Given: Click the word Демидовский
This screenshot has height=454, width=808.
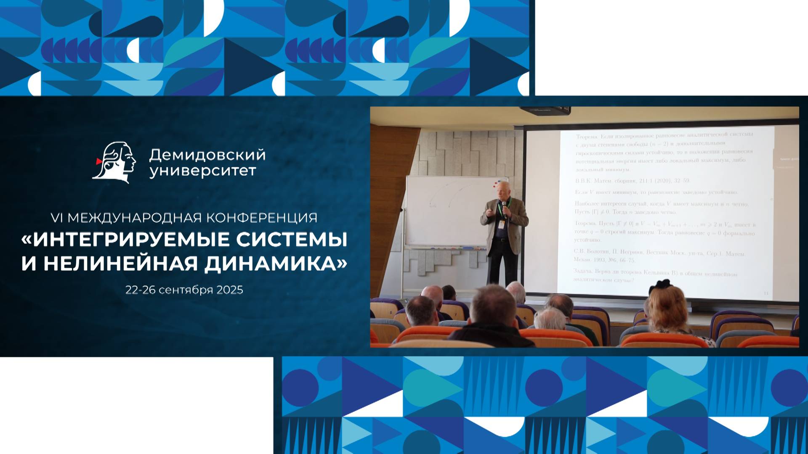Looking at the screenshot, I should pyautogui.click(x=207, y=155).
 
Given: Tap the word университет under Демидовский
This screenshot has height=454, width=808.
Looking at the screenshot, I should pyautogui.click(x=202, y=171).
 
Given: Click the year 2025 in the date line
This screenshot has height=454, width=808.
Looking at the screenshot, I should pyautogui.click(x=229, y=290).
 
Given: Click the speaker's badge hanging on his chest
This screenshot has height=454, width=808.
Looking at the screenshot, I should pyautogui.click(x=501, y=224).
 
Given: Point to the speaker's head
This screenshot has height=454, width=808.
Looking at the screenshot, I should pyautogui.click(x=502, y=189).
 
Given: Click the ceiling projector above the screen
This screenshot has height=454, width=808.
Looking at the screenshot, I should pyautogui.click(x=545, y=111).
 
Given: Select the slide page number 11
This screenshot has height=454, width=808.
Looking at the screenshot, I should pyautogui.click(x=766, y=293).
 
